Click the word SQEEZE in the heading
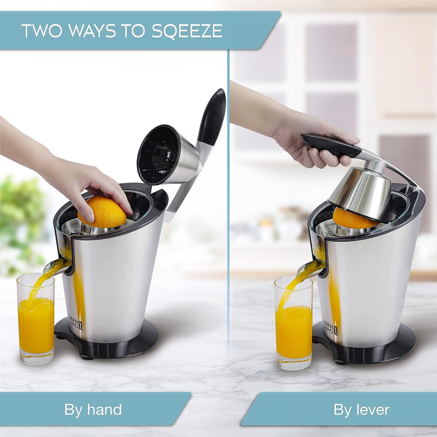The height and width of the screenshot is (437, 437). (186, 31)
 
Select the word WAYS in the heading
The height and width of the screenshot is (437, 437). (92, 31)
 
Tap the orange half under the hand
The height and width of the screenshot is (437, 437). (102, 212)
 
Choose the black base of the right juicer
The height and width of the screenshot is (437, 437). (363, 354)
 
